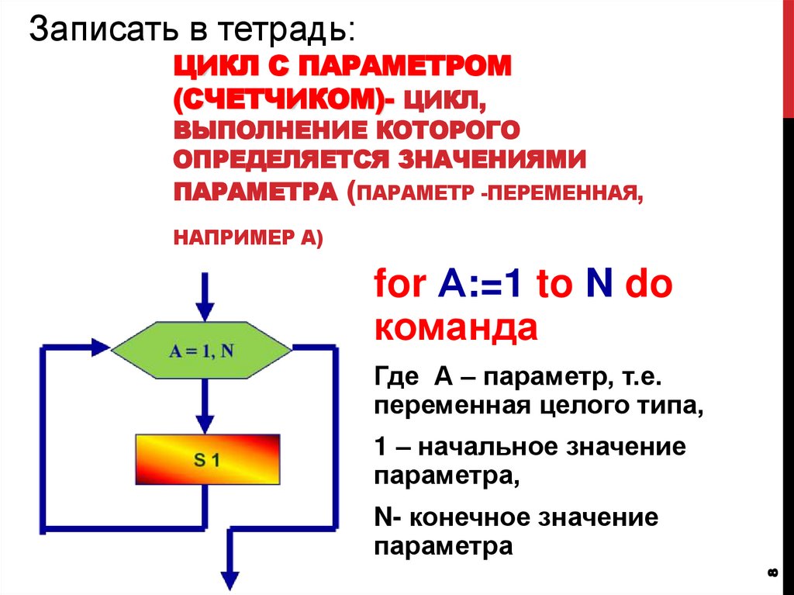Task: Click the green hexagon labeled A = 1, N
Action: (202, 349)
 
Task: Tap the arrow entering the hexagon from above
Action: (205, 299)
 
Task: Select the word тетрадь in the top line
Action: (281, 31)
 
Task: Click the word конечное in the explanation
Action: (475, 517)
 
